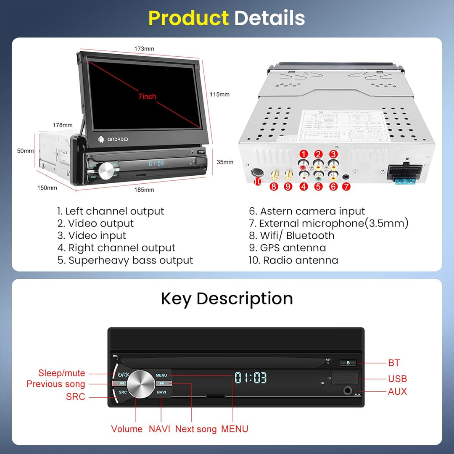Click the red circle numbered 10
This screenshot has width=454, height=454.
(x=258, y=181)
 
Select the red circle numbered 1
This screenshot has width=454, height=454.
(x=303, y=154)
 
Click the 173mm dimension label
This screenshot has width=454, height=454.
(x=144, y=49)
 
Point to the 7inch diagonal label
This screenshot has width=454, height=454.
(x=147, y=97)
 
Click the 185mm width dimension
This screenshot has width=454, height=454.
(x=144, y=190)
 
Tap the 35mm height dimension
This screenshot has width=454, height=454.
(x=225, y=162)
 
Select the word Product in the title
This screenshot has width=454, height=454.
(x=188, y=18)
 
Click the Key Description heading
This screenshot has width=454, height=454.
(x=227, y=298)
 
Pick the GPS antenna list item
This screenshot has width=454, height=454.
(x=287, y=248)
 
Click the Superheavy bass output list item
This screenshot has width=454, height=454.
(x=125, y=260)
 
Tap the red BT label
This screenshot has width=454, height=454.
(x=394, y=363)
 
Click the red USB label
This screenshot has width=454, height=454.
(x=397, y=379)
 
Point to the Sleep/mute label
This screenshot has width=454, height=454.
(x=61, y=373)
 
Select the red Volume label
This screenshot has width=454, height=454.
(x=127, y=429)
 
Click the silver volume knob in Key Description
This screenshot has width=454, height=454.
(x=141, y=384)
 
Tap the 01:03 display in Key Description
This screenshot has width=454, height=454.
(x=251, y=377)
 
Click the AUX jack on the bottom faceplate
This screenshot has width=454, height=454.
(x=348, y=391)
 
